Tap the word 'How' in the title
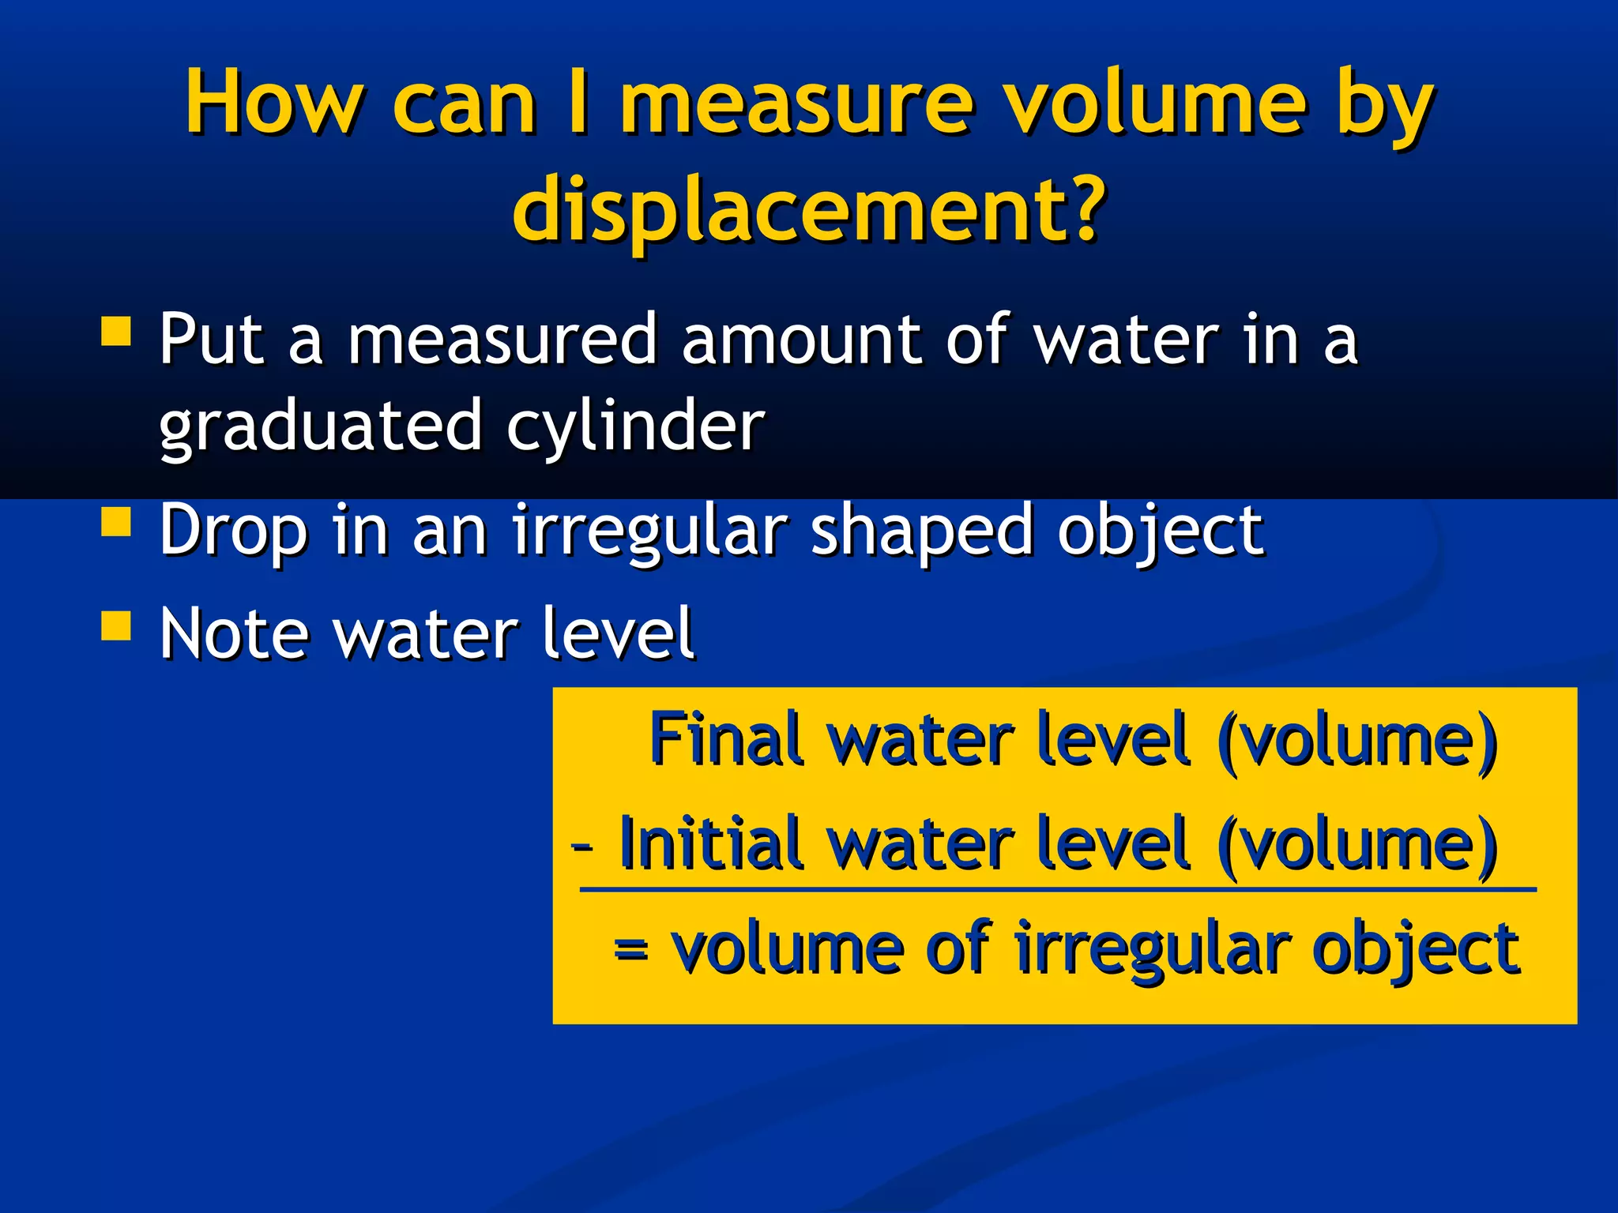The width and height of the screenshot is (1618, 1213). tap(273, 103)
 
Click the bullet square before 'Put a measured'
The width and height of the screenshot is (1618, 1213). tap(116, 332)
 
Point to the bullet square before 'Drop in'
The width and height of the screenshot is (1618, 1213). tap(116, 522)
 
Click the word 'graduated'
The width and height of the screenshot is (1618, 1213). tap(320, 427)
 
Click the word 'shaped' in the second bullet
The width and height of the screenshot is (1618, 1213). tap(921, 531)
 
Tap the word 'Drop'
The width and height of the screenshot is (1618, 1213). tap(233, 531)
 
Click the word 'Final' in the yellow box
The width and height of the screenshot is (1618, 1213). tap(726, 739)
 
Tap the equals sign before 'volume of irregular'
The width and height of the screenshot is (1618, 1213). tap(631, 948)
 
